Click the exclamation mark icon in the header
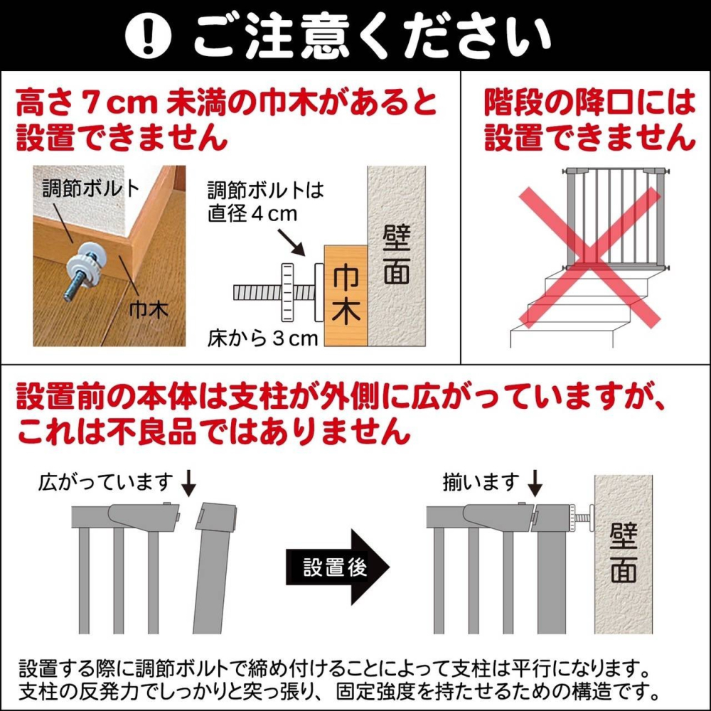point(148,36)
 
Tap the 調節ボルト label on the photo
point(92,188)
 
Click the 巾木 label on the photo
point(149,310)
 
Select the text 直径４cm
point(252,214)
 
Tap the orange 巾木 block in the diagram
point(345,295)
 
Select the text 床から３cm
point(263,338)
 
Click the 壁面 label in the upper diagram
point(396,254)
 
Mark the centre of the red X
point(589,257)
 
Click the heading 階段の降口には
point(590,102)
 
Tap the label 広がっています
point(106,482)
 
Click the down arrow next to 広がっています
point(188,483)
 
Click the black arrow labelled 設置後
point(337,567)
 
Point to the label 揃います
point(481,482)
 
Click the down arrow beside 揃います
point(535,483)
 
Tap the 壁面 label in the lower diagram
point(624,552)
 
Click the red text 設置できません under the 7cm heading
point(122,137)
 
